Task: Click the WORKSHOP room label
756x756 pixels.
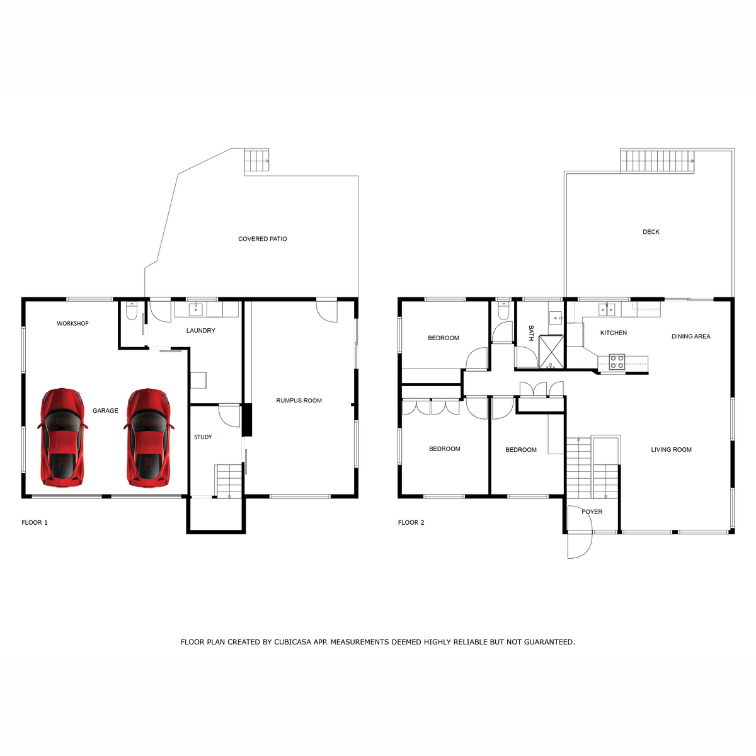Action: click(72, 324)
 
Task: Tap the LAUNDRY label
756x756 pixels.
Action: click(200, 331)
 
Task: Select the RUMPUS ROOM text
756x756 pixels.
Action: click(299, 401)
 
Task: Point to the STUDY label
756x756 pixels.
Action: click(203, 437)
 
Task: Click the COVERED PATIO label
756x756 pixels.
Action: click(263, 239)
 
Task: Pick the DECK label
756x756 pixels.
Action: click(651, 232)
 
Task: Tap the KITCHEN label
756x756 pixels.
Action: click(614, 333)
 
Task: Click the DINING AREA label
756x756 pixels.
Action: click(691, 336)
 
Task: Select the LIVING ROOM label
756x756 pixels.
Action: click(671, 450)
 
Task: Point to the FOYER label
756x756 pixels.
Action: click(592, 512)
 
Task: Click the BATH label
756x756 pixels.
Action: click(531, 333)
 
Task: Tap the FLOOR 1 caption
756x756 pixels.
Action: click(35, 522)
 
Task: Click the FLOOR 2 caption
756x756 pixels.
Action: click(411, 522)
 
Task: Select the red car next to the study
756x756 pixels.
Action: click(149, 438)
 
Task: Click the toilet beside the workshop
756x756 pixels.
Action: click(131, 311)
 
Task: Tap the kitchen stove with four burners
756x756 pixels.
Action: click(617, 362)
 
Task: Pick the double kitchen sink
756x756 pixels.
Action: click(607, 309)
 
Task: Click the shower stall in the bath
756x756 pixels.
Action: click(551, 352)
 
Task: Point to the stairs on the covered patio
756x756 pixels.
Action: click(256, 160)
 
